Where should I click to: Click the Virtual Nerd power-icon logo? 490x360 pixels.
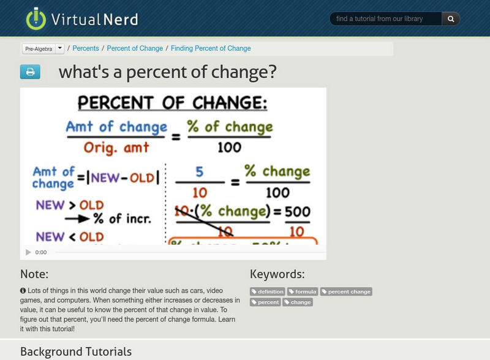(x=36, y=19)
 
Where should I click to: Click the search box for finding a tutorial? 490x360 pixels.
(x=386, y=19)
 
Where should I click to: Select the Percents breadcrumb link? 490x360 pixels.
(x=86, y=48)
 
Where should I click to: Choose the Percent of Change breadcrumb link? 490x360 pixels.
(x=135, y=48)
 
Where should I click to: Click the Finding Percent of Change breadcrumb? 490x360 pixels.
(x=211, y=48)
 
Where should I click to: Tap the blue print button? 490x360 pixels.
(x=30, y=72)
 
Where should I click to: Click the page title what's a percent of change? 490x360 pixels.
(x=167, y=72)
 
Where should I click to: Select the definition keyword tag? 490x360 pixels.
(x=268, y=291)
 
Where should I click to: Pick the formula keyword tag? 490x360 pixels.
(x=303, y=291)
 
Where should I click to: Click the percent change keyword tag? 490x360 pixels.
(x=346, y=291)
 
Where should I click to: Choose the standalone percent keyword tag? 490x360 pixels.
(x=265, y=302)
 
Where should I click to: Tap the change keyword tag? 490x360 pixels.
(x=298, y=302)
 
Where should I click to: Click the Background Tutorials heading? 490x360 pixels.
(x=76, y=352)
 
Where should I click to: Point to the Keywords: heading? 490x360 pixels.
(x=277, y=274)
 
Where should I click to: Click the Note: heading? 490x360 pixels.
(x=34, y=274)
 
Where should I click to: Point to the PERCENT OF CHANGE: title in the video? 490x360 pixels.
(x=173, y=102)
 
